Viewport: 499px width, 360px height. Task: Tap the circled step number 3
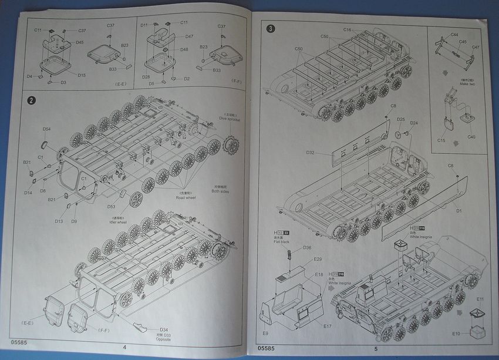click(270, 28)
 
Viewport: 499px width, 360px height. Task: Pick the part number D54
click(46, 129)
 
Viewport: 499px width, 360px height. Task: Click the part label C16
click(348, 29)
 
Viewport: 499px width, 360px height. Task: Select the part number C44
click(454, 35)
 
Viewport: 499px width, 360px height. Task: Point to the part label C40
click(471, 137)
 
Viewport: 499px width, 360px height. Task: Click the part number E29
click(318, 259)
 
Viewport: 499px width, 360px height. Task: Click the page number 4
click(124, 346)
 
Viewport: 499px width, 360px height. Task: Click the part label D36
click(307, 248)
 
